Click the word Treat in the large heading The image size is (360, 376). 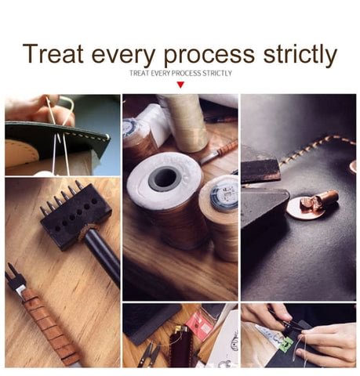pyautogui.click(x=53, y=53)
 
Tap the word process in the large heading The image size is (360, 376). pyautogui.click(x=209, y=56)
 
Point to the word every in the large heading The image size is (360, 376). pyautogui.click(x=123, y=56)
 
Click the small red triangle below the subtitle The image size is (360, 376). pyautogui.click(x=180, y=85)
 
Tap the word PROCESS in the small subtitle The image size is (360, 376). pyautogui.click(x=187, y=73)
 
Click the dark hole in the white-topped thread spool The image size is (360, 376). pyautogui.click(x=165, y=179)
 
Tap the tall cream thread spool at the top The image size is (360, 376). pyautogui.click(x=186, y=123)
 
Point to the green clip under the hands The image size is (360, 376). pyautogui.click(x=287, y=342)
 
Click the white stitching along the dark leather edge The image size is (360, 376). pyautogui.click(x=85, y=136)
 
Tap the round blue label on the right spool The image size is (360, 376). pyautogui.click(x=225, y=197)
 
